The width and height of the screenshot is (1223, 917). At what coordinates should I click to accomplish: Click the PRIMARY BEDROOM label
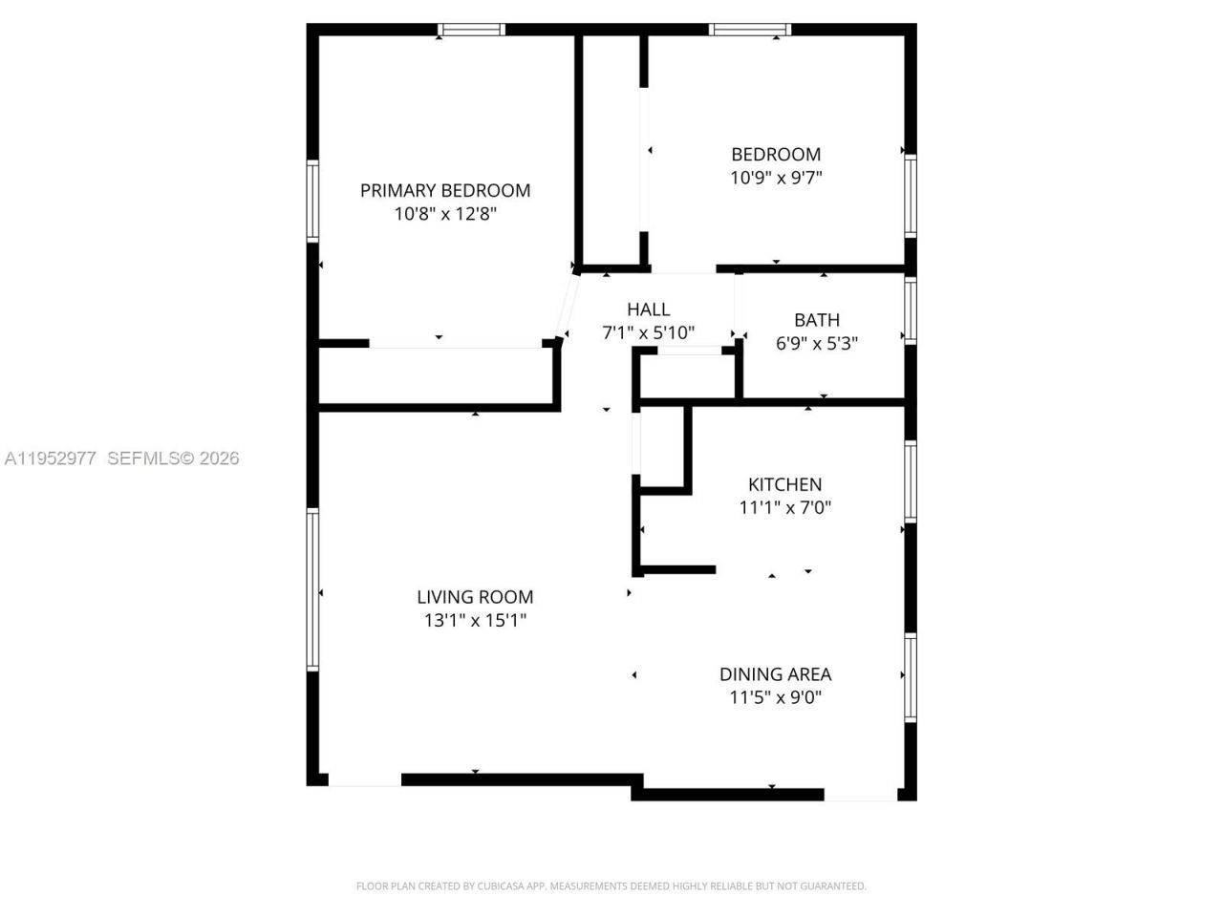point(445,190)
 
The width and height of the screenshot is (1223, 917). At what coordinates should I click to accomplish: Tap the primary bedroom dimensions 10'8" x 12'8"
point(445,214)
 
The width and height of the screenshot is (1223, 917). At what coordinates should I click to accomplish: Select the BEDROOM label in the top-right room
point(776,154)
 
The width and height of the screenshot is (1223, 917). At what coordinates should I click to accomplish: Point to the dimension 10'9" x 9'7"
point(776,178)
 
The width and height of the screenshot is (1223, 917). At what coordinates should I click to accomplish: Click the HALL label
point(648,309)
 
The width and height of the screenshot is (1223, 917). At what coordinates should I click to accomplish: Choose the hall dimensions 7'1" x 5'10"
point(648,333)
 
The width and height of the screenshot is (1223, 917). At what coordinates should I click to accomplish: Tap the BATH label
point(817,320)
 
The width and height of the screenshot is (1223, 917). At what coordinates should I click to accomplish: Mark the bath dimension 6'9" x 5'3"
point(817,344)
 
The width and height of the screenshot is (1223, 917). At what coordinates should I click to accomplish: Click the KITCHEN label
point(784,484)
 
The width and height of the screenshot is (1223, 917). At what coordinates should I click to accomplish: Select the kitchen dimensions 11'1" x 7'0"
point(784,508)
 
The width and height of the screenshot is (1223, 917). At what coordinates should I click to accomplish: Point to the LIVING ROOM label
point(475,597)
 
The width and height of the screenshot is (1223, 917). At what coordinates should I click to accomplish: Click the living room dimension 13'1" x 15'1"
point(475,621)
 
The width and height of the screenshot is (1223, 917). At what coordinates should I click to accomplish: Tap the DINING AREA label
point(775,674)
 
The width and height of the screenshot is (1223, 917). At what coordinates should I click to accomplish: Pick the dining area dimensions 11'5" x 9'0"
point(775,698)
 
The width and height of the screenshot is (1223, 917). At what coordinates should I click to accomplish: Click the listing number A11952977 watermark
point(50,458)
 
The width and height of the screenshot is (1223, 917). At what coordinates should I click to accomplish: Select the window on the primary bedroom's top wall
point(471,30)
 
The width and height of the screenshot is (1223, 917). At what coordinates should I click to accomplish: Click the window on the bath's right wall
point(911,310)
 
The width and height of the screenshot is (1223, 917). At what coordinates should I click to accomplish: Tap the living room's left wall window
point(312,589)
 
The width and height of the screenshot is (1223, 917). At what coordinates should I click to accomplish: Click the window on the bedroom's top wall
point(750,30)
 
